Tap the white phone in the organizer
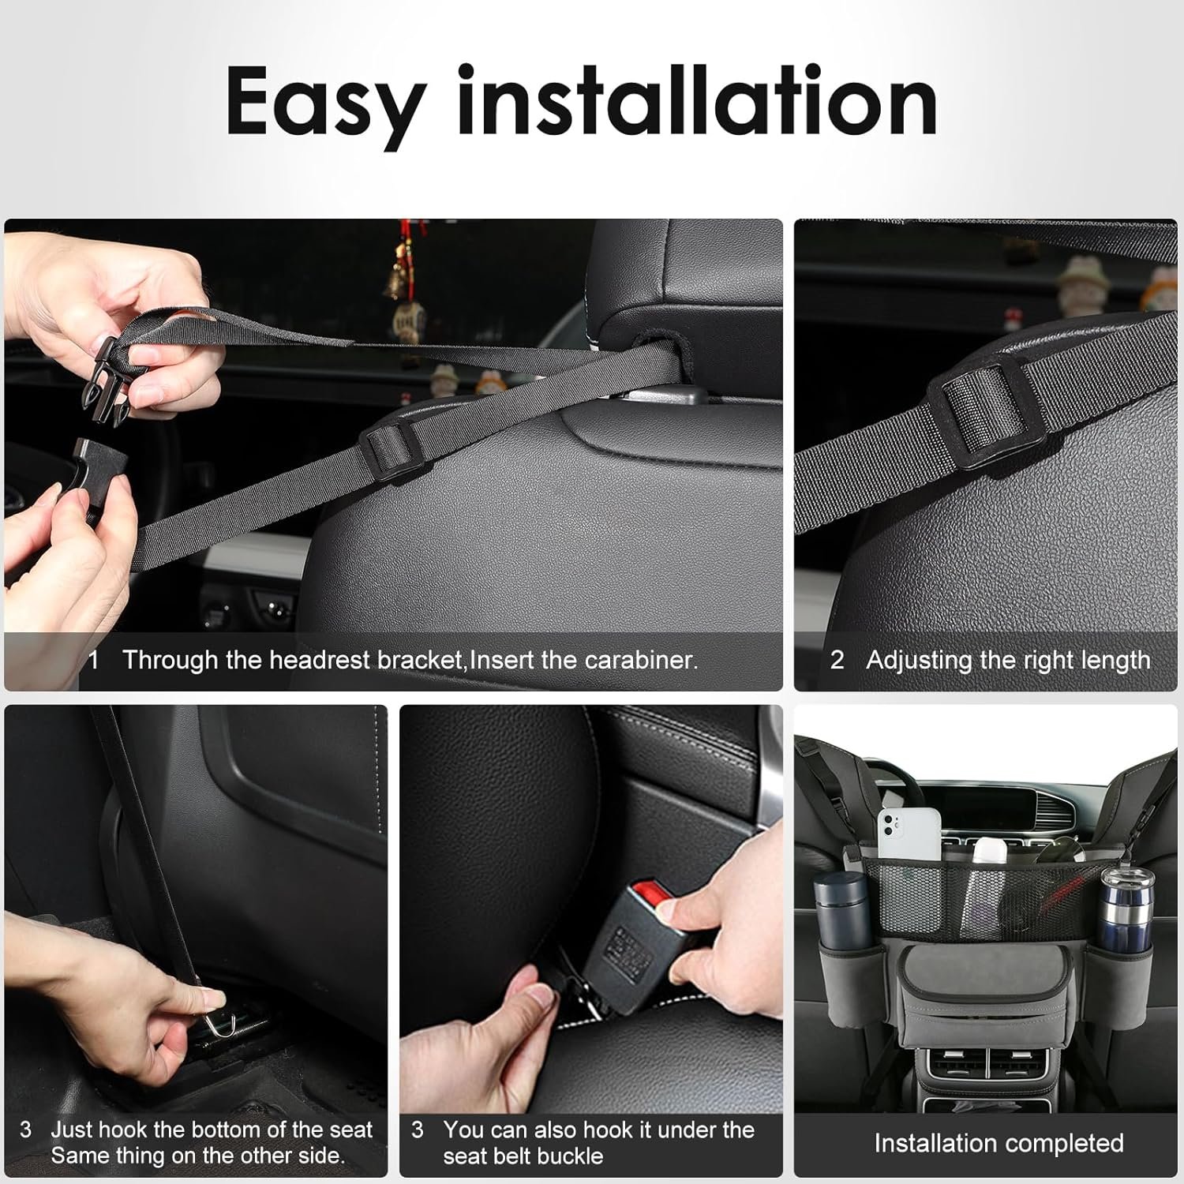coord(909,834)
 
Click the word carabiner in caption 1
coord(639,660)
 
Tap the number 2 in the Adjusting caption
coord(837,660)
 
